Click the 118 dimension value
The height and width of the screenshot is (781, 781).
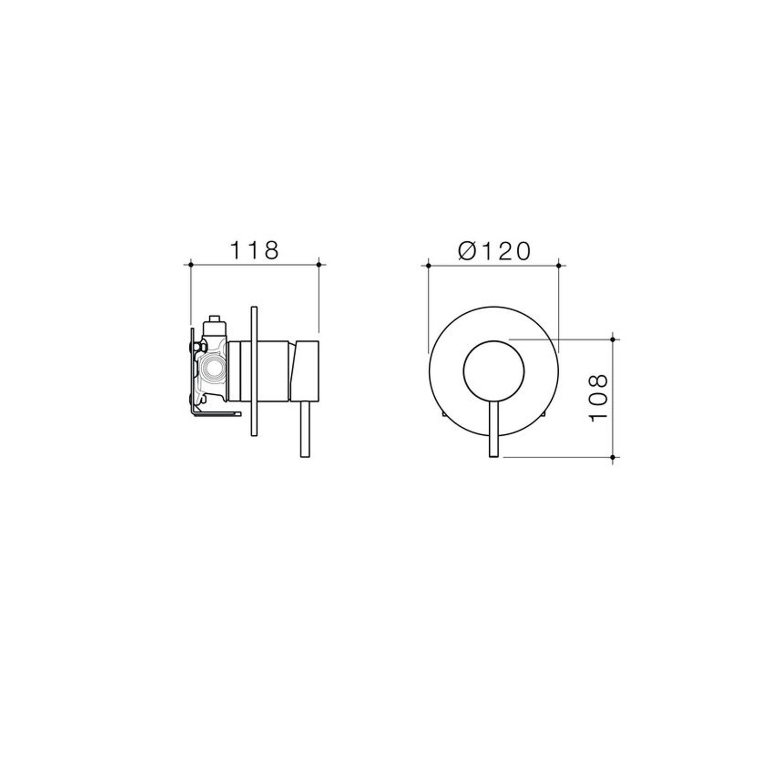[x=254, y=250]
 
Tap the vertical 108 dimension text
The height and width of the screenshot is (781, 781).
[x=599, y=397]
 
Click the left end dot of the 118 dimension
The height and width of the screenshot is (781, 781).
[x=191, y=265]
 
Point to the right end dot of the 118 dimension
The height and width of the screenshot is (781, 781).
[x=319, y=265]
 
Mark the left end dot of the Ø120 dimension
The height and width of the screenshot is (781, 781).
[x=428, y=265]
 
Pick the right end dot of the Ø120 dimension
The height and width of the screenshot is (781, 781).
[x=559, y=265]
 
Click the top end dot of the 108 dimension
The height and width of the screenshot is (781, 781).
[x=613, y=339]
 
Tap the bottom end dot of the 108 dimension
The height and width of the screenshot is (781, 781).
[x=613, y=457]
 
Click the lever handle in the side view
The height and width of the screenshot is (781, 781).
[x=306, y=429]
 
